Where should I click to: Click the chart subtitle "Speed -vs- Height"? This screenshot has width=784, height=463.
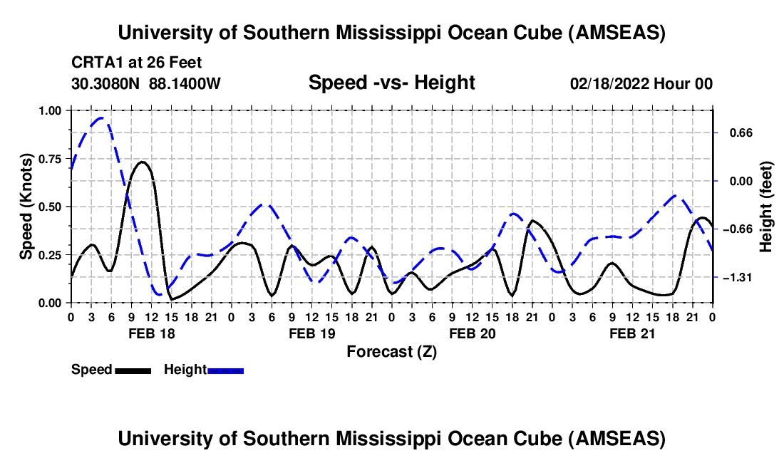(x=391, y=83)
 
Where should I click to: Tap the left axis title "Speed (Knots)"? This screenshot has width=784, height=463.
(x=26, y=206)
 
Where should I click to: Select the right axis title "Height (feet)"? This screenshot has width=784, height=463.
(x=766, y=206)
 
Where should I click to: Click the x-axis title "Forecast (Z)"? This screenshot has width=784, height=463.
(x=391, y=351)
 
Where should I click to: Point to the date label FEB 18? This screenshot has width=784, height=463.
(x=150, y=333)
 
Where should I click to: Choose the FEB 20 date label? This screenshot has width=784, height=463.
(x=471, y=333)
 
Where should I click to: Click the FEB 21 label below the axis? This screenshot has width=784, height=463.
(x=631, y=333)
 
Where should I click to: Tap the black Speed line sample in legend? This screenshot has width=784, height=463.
(x=133, y=370)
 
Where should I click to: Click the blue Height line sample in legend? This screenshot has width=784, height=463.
(x=226, y=370)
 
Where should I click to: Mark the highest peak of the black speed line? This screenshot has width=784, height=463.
(x=143, y=162)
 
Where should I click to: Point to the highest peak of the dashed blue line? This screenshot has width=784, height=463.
(x=102, y=118)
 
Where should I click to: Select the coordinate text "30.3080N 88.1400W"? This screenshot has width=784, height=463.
(x=146, y=84)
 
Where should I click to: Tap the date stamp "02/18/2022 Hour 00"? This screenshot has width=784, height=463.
(x=641, y=84)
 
